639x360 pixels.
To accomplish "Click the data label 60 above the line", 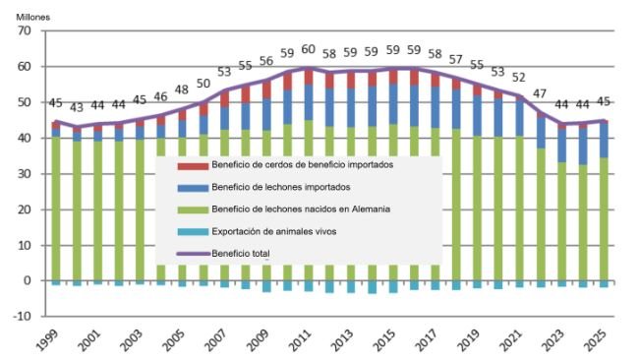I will click(308, 49).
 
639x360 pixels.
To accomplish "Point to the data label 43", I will click(77, 107).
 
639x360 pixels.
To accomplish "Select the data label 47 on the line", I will click(539, 93).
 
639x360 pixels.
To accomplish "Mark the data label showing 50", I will click(203, 85).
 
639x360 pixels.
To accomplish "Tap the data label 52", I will click(518, 78).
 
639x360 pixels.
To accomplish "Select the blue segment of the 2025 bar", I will click(604, 139).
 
